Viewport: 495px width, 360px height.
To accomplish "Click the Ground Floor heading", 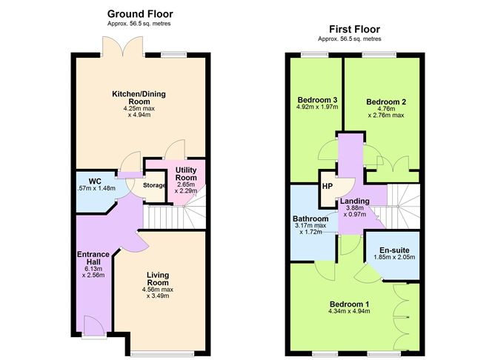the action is pos(140,14).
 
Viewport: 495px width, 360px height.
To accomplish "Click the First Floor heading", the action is pos(354,30).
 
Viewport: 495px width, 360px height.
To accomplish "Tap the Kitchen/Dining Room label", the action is pos(139,98).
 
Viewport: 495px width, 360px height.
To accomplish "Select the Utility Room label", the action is pos(186,174).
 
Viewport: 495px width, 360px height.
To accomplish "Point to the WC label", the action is pos(95,181).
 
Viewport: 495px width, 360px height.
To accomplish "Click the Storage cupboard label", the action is pos(154,185).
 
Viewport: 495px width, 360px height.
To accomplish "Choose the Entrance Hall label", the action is pos(93,258).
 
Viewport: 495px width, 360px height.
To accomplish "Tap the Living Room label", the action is pos(158,279).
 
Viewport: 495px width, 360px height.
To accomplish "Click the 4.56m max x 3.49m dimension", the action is pos(158,293).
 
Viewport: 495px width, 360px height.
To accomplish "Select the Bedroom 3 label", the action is pos(317,100).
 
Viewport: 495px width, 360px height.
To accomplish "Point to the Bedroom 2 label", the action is pos(386,102).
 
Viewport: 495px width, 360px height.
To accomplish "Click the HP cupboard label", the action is pos(328,187).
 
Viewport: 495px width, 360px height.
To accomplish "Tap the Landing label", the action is pos(355,201).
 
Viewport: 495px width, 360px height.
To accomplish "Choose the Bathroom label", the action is pos(310,219).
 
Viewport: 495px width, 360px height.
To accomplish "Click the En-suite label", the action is pos(394,250).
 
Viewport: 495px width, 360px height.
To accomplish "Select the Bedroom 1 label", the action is pos(349,304).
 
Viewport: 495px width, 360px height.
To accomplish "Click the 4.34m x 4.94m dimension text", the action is pos(349,311).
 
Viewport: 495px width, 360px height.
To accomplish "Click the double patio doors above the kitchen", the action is pos(122,47).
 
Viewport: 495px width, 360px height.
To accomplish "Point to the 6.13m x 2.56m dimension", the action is pos(93,272).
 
